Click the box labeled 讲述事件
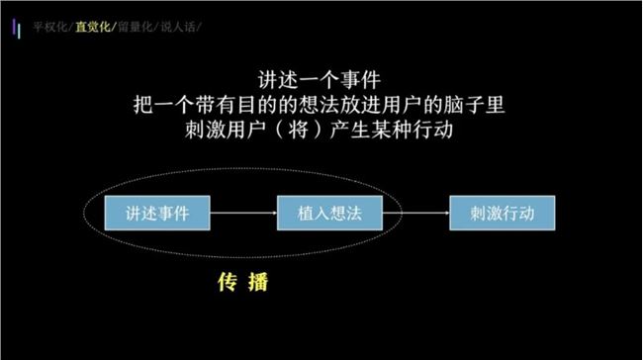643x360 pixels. [157, 213]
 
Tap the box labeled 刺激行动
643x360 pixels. [503, 213]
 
